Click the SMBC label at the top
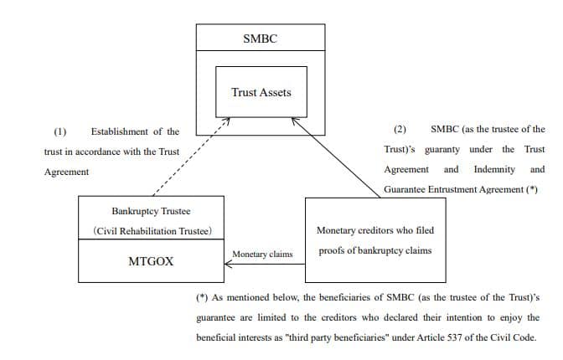(x=259, y=39)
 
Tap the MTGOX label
(x=151, y=261)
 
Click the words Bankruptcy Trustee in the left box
(x=151, y=212)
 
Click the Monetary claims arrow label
(x=262, y=254)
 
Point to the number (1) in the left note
(x=59, y=131)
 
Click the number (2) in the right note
(x=400, y=130)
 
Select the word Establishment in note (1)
(x=121, y=131)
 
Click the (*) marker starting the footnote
(x=201, y=297)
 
